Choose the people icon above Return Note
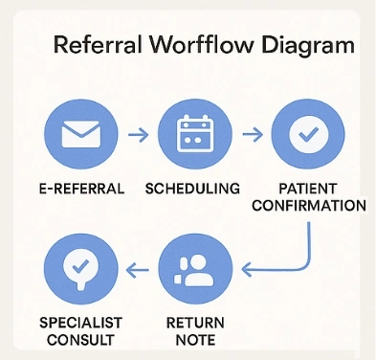193,265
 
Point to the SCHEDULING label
194,188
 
